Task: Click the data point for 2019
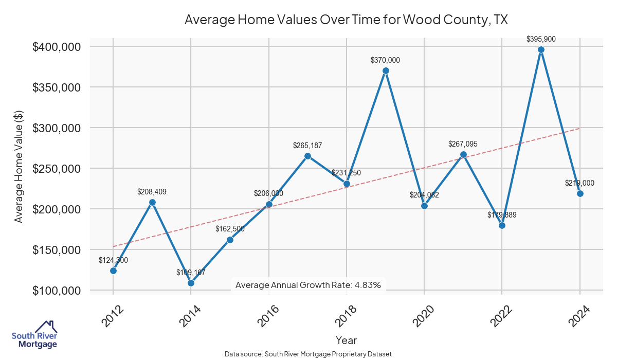[386, 70]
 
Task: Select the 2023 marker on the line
[541, 49]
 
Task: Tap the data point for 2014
[191, 283]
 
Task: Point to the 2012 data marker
[113, 271]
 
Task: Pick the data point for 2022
[502, 225]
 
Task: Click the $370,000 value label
[385, 60]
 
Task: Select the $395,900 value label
[541, 39]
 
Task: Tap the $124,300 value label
[113, 260]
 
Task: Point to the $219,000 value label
[579, 183]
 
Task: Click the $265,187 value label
[307, 146]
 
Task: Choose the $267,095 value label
[463, 144]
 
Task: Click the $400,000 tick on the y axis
[57, 47]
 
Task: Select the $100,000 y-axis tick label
[57, 291]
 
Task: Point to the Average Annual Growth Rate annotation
[307, 285]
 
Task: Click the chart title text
[346, 20]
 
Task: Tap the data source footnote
[308, 354]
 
